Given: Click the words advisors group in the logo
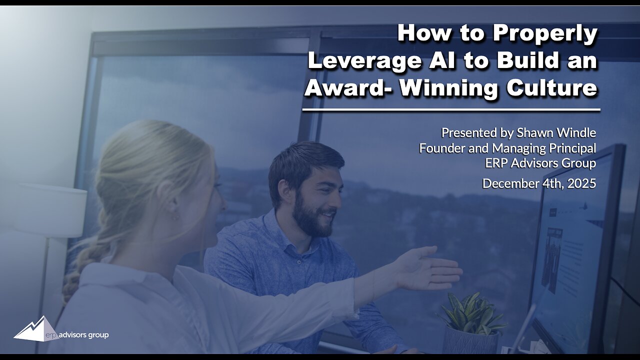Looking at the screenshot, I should coord(83,334).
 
